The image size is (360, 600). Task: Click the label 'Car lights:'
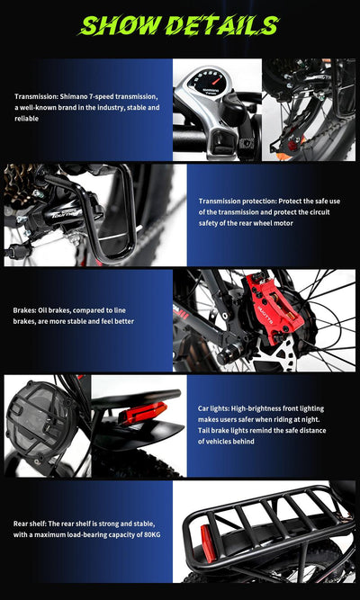(x=219, y=408)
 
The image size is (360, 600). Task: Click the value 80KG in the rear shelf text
(x=149, y=534)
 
